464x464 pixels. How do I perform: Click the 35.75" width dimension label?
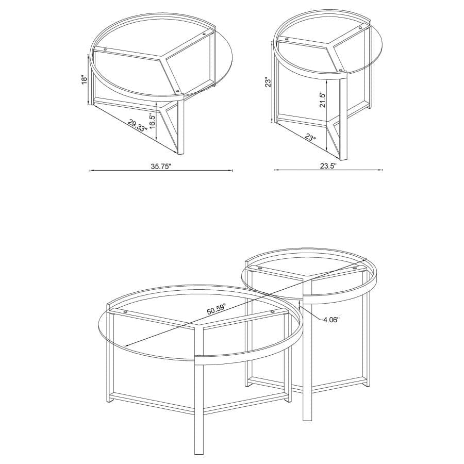161,167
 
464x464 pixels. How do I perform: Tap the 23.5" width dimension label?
328,166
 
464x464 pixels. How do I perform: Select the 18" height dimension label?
85,80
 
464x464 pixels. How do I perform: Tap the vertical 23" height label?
267,84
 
